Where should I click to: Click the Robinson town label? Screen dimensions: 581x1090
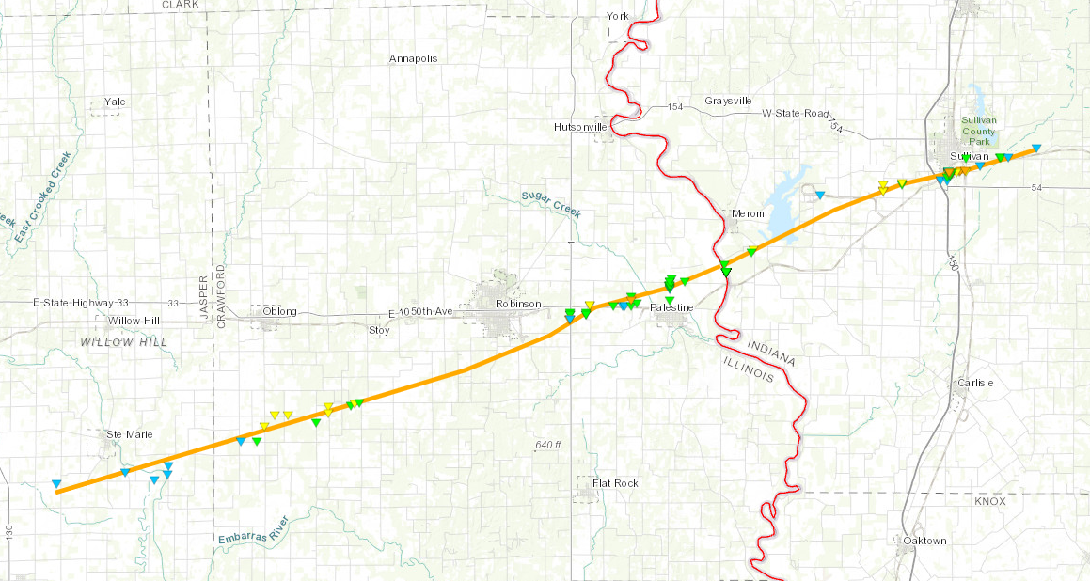[x=518, y=304]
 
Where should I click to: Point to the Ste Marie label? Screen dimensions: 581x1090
[x=128, y=433]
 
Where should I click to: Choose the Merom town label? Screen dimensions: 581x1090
[x=748, y=213]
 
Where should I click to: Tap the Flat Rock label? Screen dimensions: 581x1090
[x=615, y=482]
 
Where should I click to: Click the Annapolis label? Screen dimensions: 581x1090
[x=414, y=58]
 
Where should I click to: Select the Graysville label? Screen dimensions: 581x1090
[x=728, y=101]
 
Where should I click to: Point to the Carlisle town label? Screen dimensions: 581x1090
[x=973, y=383]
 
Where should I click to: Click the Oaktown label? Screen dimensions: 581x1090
[x=924, y=541]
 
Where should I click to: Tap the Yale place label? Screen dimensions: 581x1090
[x=115, y=101]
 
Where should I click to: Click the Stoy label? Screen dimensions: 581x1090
[x=379, y=330]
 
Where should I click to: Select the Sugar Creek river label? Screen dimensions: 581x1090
[x=551, y=204]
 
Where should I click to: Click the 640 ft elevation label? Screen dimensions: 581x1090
[x=547, y=444]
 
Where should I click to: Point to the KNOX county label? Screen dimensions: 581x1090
[x=990, y=501]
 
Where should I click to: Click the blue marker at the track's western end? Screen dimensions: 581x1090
[x=58, y=484]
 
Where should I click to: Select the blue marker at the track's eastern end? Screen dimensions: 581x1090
[x=1035, y=149]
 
